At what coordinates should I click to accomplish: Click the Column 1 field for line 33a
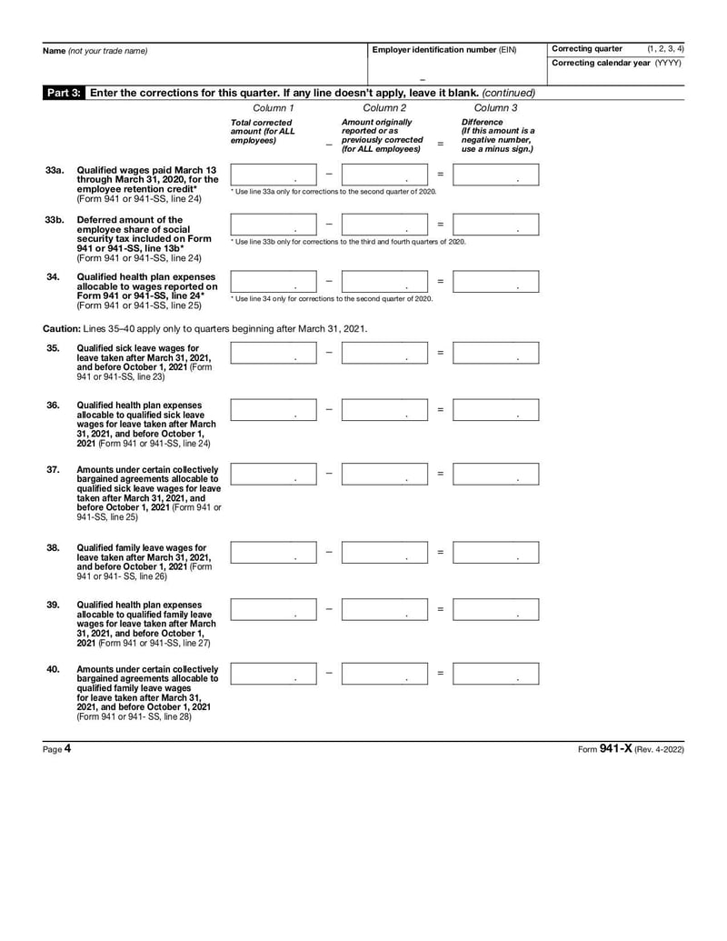click(274, 175)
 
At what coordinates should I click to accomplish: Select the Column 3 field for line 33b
click(495, 225)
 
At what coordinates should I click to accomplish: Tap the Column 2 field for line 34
click(384, 281)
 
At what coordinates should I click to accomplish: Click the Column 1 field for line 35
click(274, 353)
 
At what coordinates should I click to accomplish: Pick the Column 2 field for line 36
click(384, 410)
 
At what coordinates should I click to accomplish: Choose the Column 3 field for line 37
click(495, 474)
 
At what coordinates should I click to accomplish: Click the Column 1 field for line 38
click(274, 552)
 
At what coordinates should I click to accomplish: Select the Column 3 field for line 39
click(495, 609)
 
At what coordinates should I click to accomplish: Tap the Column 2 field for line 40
click(384, 674)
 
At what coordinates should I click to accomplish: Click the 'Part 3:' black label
click(64, 93)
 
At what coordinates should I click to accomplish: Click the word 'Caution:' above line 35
click(61, 328)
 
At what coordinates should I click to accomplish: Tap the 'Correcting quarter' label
click(586, 48)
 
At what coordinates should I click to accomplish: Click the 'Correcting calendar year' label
click(602, 63)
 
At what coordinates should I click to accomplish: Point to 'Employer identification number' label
click(433, 50)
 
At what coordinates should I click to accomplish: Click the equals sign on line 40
click(441, 674)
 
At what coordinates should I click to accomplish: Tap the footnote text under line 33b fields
click(348, 242)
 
